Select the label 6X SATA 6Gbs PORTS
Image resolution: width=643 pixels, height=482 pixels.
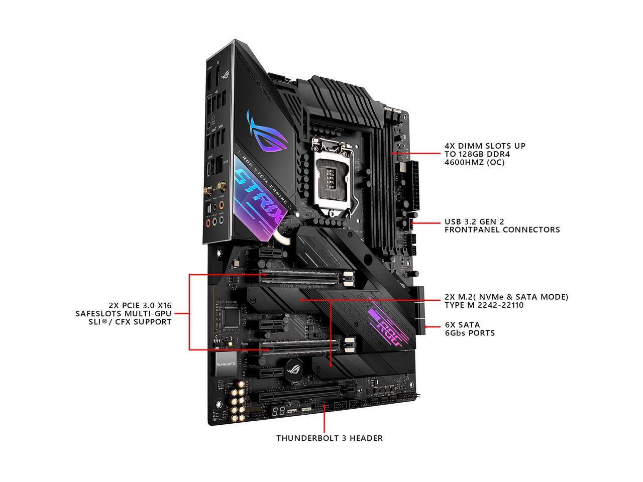click(x=469, y=329)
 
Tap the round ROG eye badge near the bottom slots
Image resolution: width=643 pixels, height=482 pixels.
click(x=292, y=372)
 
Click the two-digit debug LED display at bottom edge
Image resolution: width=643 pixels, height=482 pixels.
click(x=279, y=410)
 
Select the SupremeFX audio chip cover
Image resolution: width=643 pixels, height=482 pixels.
click(x=224, y=363)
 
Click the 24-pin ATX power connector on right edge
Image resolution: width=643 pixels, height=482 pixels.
click(x=406, y=185)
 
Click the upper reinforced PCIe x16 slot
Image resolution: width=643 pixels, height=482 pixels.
click(x=306, y=275)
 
